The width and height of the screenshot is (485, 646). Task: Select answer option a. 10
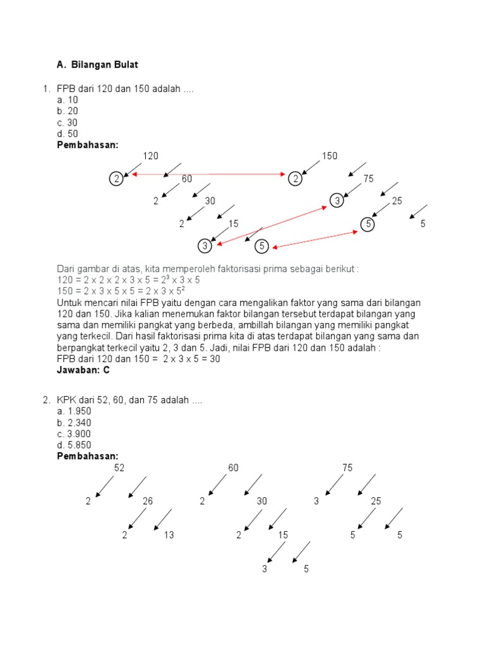click(68, 100)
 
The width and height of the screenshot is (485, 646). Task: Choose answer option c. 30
click(68, 122)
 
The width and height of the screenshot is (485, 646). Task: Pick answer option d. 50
click(68, 134)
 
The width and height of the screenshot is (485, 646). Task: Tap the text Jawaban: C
click(83, 370)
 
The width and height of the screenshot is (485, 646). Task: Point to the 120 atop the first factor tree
click(150, 156)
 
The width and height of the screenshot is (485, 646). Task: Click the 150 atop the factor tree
click(330, 156)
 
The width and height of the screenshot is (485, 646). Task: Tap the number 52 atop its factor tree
click(119, 467)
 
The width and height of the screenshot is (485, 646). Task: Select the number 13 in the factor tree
click(169, 535)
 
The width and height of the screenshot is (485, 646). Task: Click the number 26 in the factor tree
click(148, 501)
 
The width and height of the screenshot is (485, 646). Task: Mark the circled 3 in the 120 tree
click(205, 245)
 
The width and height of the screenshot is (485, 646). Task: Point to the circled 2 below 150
click(295, 179)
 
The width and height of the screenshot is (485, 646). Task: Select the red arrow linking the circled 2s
click(208, 174)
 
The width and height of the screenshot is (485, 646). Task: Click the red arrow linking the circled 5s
click(314, 240)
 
